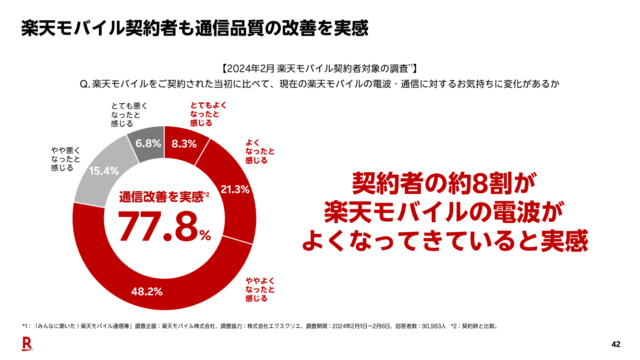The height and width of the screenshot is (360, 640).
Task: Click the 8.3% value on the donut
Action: tap(184, 144)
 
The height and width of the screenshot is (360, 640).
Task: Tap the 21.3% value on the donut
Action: tap(235, 190)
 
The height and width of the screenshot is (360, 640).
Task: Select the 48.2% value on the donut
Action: tap(147, 291)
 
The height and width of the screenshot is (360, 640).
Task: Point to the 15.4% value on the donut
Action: tap(104, 171)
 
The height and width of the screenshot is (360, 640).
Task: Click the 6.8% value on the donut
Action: tap(148, 143)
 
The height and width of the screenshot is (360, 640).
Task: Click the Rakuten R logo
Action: tap(27, 344)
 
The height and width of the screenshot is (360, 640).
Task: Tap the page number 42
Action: tap(616, 344)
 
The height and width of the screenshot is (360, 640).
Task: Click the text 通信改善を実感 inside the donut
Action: tap(161, 196)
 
